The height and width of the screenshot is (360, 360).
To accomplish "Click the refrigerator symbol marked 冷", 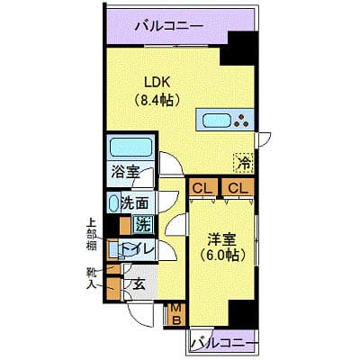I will pos(242,162).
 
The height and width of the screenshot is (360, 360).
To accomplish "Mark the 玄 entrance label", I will pos(139,284).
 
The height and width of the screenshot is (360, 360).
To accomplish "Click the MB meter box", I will pos(178,314).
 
